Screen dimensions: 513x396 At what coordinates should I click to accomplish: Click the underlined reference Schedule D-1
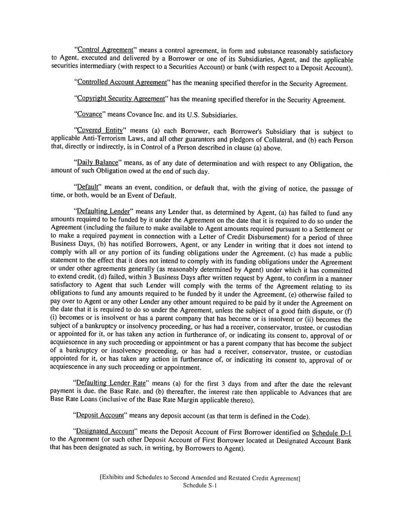click(x=333, y=432)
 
